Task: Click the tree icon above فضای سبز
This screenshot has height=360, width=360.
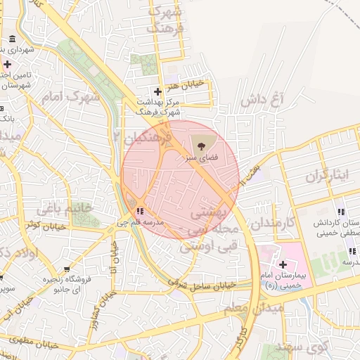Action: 202,146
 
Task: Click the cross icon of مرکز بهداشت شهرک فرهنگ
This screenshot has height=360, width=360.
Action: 157,91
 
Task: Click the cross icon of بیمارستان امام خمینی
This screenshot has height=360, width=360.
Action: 283,265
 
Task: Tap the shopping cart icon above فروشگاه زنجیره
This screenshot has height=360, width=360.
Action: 67,269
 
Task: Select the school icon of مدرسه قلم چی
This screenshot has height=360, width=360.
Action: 141,210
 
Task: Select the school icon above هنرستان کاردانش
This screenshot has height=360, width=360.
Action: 341,212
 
